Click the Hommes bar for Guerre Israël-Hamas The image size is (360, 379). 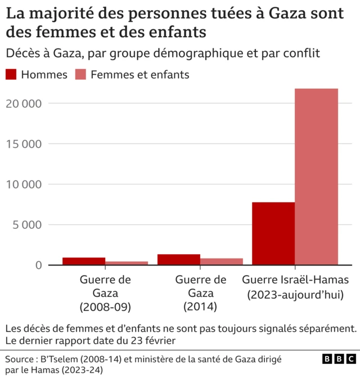tap(273, 233)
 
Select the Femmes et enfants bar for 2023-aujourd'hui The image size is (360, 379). tap(316, 177)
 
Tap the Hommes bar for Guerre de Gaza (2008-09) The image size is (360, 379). tap(84, 261)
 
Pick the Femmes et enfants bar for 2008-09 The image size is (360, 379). tap(127, 263)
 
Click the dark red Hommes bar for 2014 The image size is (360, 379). tap(179, 259)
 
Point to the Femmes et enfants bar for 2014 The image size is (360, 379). tap(222, 261)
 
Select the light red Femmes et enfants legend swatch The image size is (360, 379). tap(80, 75)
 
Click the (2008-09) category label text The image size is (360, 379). tap(105, 307)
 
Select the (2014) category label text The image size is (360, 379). tap(200, 307)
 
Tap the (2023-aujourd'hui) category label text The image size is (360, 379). tap(295, 294)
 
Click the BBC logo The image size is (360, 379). tap(339, 359)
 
